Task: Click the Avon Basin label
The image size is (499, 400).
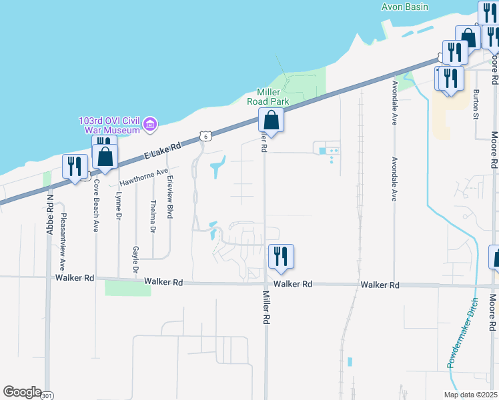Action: point(408,7)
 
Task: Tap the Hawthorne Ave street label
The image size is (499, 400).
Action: point(144,177)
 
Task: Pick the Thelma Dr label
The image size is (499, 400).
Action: point(153,216)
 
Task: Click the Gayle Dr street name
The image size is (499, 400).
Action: point(135,260)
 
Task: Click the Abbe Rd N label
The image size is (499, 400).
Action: point(49,213)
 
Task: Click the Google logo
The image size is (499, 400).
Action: point(22,392)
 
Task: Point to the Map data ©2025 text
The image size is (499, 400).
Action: point(470,395)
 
